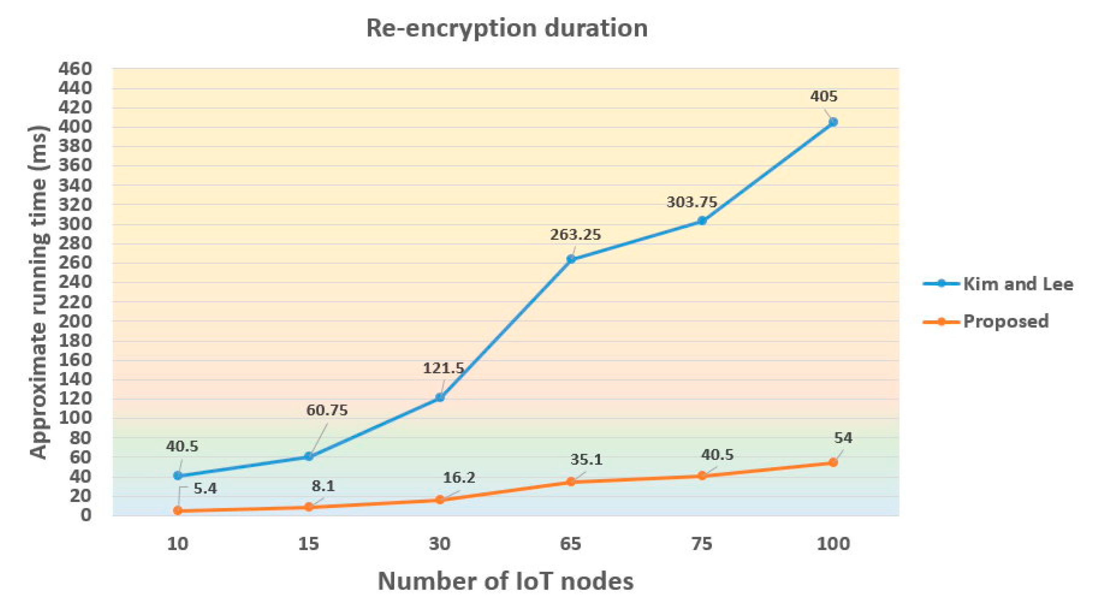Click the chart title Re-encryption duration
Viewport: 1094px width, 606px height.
[507, 28]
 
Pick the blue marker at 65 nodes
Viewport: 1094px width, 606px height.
[571, 259]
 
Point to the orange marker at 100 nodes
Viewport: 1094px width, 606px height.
[833, 462]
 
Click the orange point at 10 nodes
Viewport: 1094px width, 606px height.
[178, 511]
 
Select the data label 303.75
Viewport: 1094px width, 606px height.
[691, 202]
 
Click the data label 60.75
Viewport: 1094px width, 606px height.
[327, 410]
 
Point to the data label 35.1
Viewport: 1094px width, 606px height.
[586, 460]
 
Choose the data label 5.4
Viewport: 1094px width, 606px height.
[205, 488]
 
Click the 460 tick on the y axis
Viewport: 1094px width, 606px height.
[75, 69]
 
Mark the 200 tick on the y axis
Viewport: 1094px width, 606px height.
[75, 321]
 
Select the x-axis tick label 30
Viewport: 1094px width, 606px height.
[439, 544]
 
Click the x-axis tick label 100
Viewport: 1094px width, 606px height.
[833, 544]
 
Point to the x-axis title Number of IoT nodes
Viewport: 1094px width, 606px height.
[505, 581]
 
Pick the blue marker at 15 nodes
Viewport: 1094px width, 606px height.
[309, 457]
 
